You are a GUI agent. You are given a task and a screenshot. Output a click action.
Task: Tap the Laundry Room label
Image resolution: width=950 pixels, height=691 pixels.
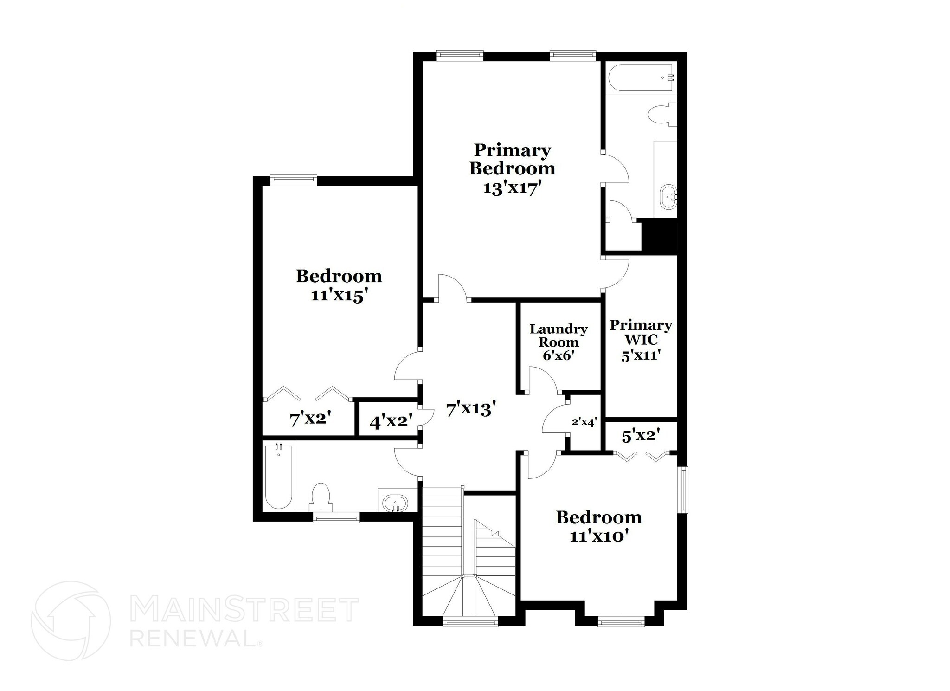(x=558, y=336)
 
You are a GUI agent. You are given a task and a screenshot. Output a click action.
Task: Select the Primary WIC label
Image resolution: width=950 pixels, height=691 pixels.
(x=641, y=332)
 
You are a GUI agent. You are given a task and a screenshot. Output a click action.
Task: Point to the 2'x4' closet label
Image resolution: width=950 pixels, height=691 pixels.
(x=584, y=422)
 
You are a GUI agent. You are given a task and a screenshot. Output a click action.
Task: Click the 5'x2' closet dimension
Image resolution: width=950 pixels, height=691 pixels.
(x=641, y=436)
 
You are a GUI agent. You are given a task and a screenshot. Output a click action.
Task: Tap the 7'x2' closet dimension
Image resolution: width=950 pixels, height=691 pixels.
(x=310, y=420)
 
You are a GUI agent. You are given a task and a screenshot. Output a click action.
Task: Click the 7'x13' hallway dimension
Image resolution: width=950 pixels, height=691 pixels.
(x=471, y=409)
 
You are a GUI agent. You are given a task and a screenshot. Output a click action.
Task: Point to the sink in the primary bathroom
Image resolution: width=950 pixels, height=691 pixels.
(x=668, y=197)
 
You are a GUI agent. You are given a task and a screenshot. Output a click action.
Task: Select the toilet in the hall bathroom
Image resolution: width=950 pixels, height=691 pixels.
(x=320, y=497)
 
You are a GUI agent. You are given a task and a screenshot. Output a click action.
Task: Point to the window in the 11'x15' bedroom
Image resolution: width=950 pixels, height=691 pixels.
(x=293, y=180)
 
